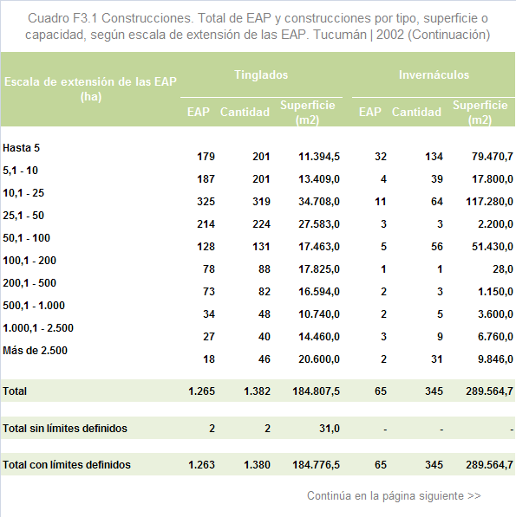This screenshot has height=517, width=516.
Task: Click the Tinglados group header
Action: tap(261, 74)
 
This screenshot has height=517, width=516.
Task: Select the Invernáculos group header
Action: tap(434, 74)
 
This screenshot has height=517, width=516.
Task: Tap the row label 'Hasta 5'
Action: tap(21, 148)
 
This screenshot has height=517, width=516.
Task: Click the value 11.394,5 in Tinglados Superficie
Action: tap(319, 156)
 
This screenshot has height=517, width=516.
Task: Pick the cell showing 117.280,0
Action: tap(489, 202)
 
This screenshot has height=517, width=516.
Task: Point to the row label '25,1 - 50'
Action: tap(23, 216)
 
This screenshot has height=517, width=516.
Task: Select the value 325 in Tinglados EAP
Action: tap(206, 202)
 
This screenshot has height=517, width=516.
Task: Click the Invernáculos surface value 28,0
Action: tap(503, 269)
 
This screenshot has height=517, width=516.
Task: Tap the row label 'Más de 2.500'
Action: tap(35, 350)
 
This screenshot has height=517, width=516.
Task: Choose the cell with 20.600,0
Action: tap(319, 359)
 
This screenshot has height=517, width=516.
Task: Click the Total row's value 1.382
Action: tap(257, 391)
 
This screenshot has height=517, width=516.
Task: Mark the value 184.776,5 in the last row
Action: tap(316, 464)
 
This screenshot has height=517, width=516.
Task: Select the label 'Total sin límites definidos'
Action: tap(65, 429)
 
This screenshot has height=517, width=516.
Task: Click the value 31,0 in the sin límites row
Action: tap(330, 429)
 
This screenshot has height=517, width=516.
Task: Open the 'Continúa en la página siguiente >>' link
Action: tap(394, 495)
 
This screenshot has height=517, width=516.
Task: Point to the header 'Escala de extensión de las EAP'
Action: tap(90, 81)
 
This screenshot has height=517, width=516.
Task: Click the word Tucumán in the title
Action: tap(340, 35)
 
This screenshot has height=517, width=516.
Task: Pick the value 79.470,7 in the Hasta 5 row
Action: tap(493, 156)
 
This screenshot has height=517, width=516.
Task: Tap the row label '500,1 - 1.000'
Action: tap(34, 306)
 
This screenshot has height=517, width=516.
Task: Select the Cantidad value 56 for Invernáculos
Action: tap(437, 247)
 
